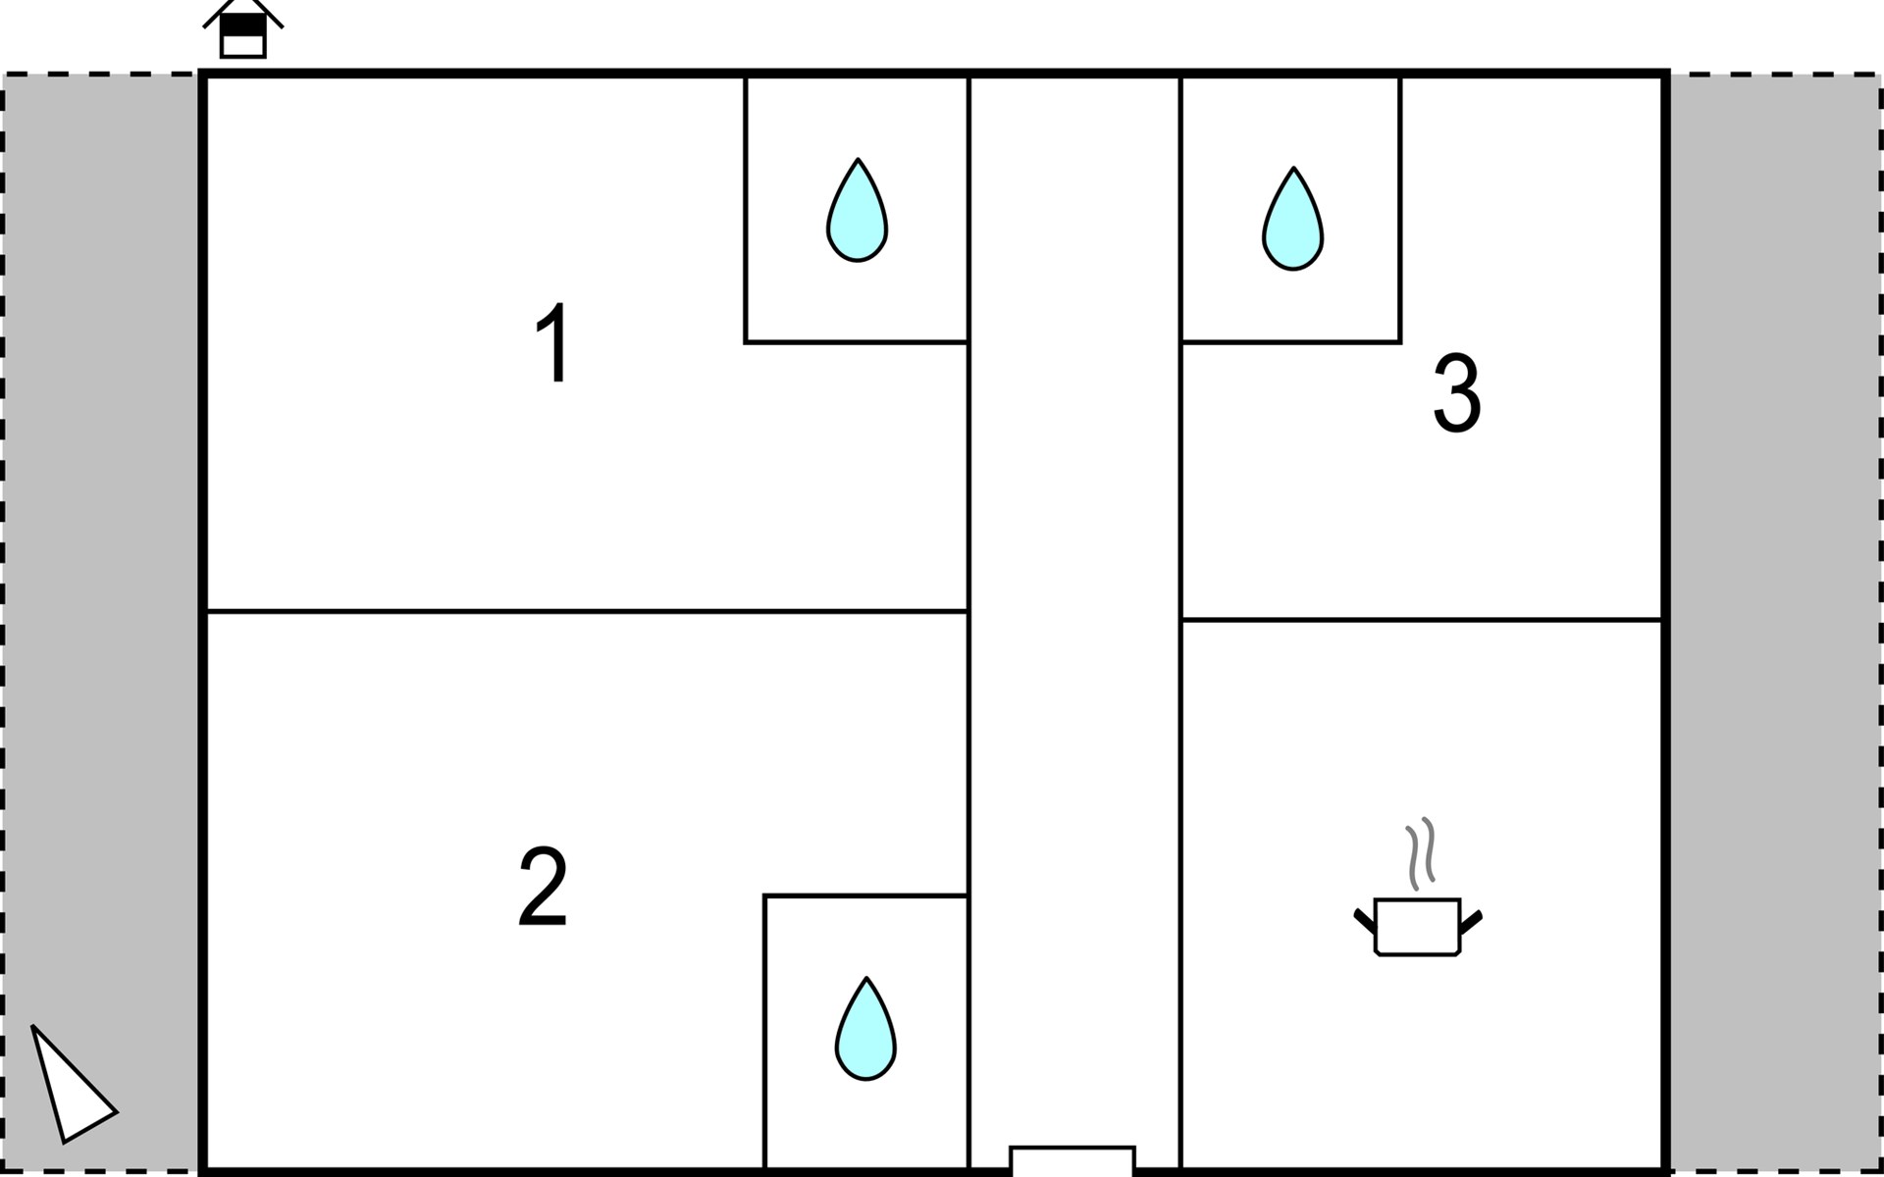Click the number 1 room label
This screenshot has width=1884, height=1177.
click(x=554, y=342)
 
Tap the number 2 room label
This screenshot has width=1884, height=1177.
click(x=543, y=887)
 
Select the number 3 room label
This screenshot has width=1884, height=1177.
click(x=1457, y=393)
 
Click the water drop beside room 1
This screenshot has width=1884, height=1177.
click(x=857, y=213)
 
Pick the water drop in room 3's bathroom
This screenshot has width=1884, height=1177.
click(x=1292, y=222)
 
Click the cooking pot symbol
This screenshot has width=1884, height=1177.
click(x=1418, y=926)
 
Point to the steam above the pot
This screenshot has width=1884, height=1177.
click(x=1420, y=852)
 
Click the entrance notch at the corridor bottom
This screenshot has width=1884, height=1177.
click(x=1073, y=1159)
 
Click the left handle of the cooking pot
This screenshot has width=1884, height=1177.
click(x=1364, y=921)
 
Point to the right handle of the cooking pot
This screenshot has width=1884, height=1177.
click(x=1471, y=921)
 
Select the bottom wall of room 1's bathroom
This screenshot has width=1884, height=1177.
click(x=856, y=342)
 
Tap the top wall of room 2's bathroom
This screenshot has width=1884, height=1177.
click(x=865, y=896)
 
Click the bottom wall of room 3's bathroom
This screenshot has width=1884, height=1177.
click(x=1291, y=342)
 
